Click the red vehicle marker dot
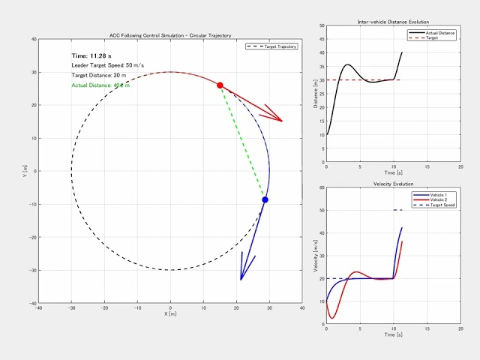(x=220, y=85)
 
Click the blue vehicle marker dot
(x=265, y=199)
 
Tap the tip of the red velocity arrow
(x=282, y=121)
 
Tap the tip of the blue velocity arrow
(x=241, y=280)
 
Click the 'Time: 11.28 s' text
(x=91, y=56)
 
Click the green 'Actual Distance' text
(x=100, y=85)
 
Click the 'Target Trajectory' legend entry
(x=276, y=46)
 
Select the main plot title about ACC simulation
(x=171, y=35)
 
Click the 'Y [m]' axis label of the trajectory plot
(x=25, y=171)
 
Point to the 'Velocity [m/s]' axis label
(x=315, y=255)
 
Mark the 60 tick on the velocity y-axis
(x=322, y=188)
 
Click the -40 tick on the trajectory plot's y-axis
(x=32, y=303)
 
